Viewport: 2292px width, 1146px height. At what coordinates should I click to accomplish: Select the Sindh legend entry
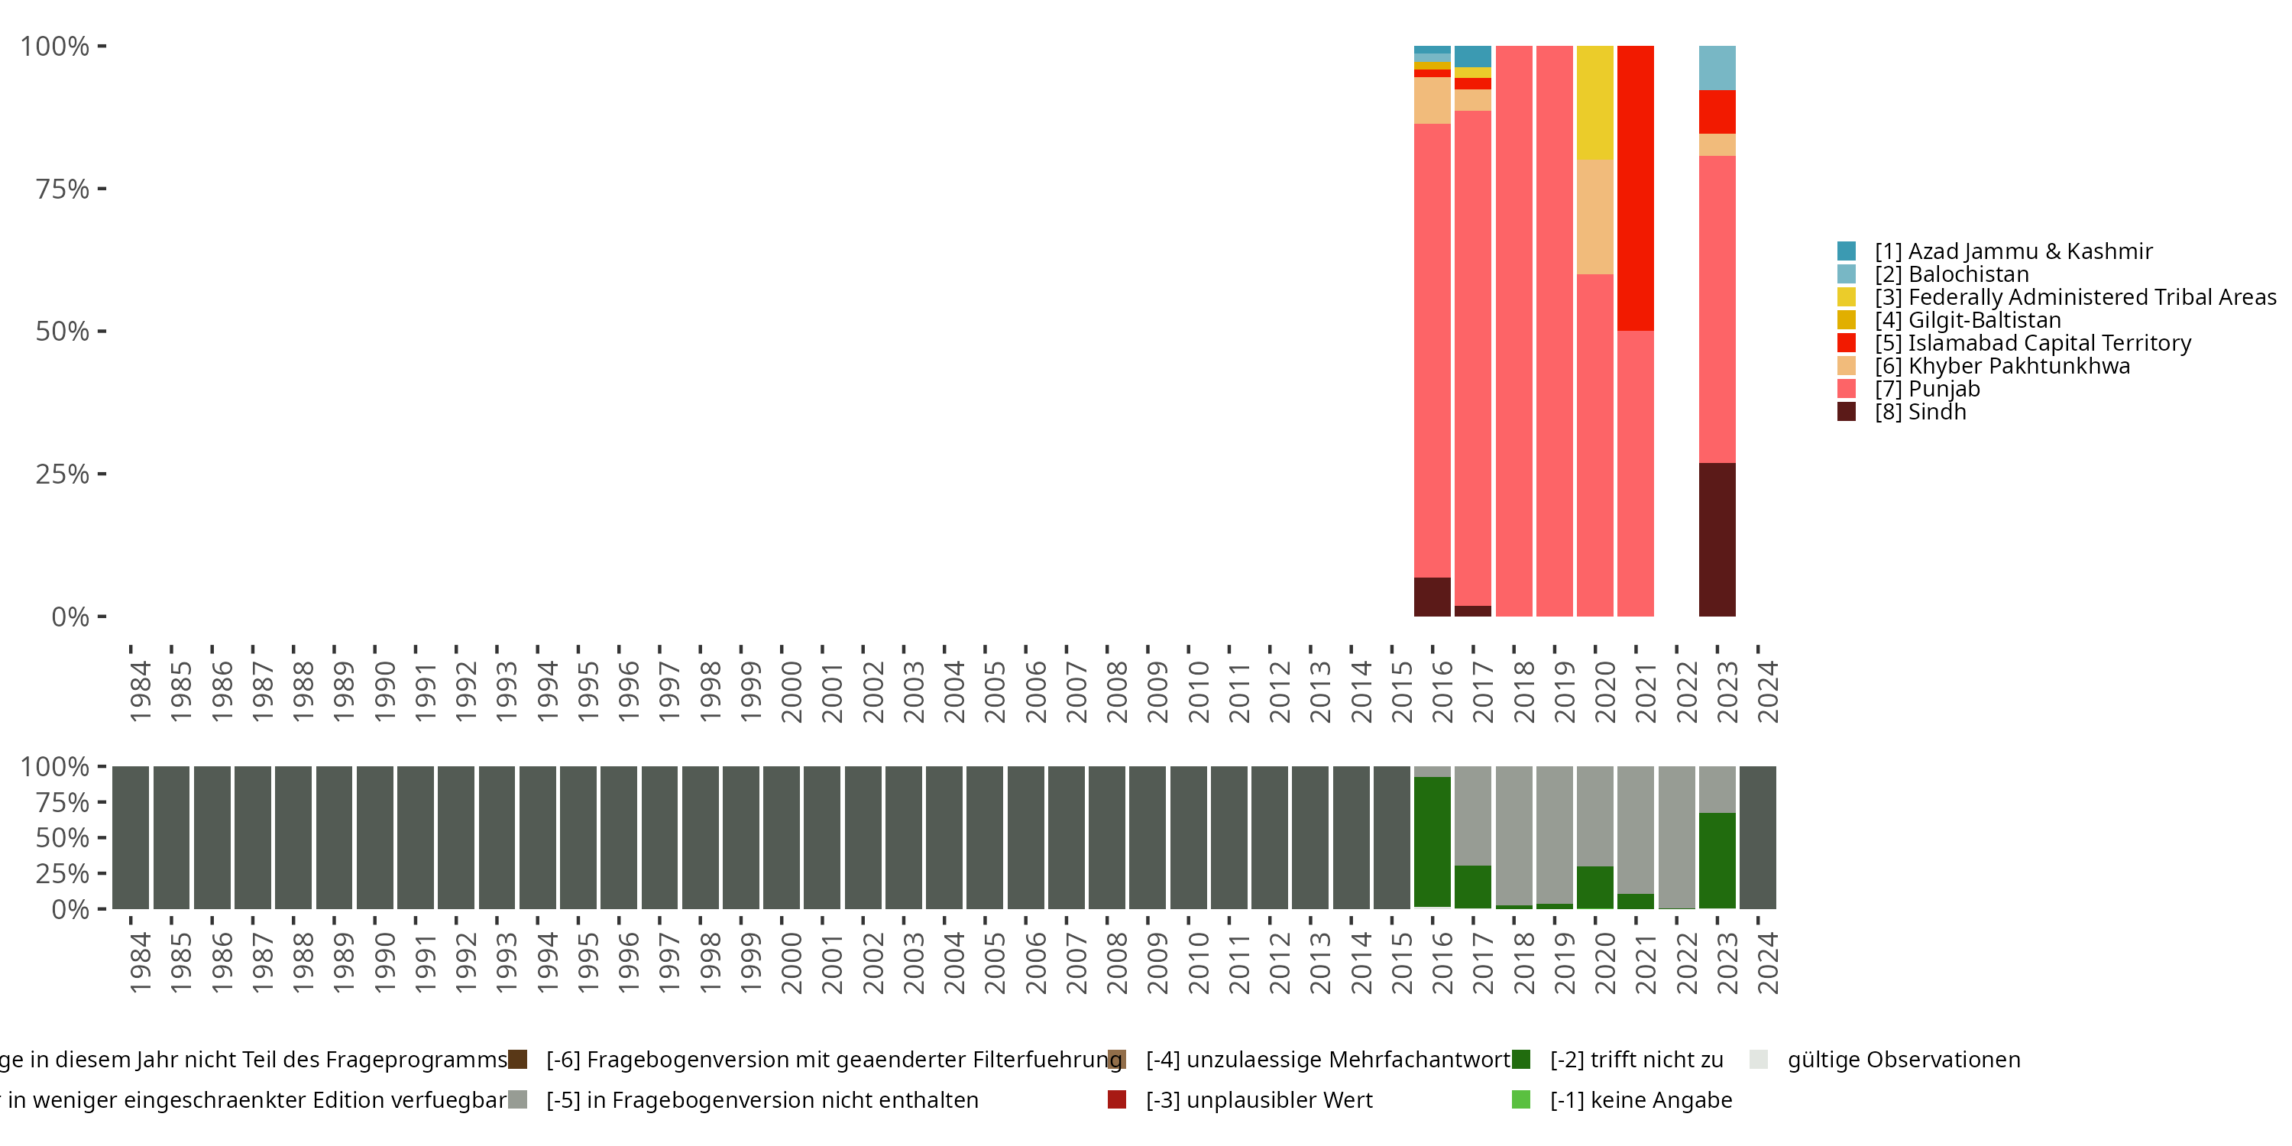click(1919, 412)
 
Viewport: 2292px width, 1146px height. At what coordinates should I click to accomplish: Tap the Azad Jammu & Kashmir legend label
click(2012, 252)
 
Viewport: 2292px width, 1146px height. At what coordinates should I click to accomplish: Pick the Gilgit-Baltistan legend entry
click(1983, 320)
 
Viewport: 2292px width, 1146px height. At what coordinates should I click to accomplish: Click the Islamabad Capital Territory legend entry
click(2049, 344)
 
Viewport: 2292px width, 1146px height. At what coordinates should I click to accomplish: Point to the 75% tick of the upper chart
click(63, 189)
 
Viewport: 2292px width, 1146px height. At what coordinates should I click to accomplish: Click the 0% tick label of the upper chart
click(70, 617)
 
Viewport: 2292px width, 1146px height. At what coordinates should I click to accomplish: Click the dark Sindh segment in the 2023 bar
click(1717, 539)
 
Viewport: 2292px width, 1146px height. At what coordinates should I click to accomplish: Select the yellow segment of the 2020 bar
click(1594, 102)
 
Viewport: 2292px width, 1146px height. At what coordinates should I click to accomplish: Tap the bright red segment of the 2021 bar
click(1636, 188)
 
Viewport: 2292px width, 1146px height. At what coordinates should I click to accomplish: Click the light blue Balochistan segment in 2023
click(1717, 68)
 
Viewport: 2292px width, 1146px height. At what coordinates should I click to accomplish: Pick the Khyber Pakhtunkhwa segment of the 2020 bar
click(1594, 217)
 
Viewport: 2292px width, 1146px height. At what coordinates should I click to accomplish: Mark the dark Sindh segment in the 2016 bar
click(1432, 597)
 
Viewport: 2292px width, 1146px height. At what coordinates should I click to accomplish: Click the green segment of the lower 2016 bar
click(1432, 842)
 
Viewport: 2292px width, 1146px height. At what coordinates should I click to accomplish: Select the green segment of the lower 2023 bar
click(1717, 860)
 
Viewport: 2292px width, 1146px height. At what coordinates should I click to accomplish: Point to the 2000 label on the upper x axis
click(791, 691)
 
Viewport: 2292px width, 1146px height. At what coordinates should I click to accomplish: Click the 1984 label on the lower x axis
click(140, 963)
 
